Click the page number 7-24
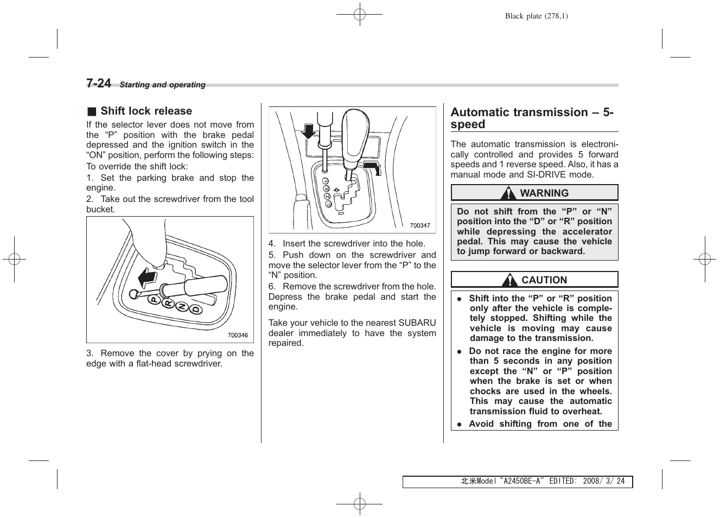pyautogui.click(x=99, y=83)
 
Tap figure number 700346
pyautogui.click(x=237, y=335)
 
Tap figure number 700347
pyautogui.click(x=419, y=225)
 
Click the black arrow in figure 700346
pyautogui.click(x=147, y=279)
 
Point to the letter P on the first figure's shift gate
pyautogui.click(x=154, y=299)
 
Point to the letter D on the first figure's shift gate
pyautogui.click(x=195, y=309)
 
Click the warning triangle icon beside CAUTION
pyautogui.click(x=509, y=280)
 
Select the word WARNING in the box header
pyautogui.click(x=544, y=193)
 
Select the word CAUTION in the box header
pyautogui.click(x=544, y=280)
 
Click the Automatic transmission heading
pyautogui.click(x=532, y=118)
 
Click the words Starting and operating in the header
pyautogui.click(x=162, y=85)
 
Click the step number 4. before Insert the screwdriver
pyautogui.click(x=272, y=244)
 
